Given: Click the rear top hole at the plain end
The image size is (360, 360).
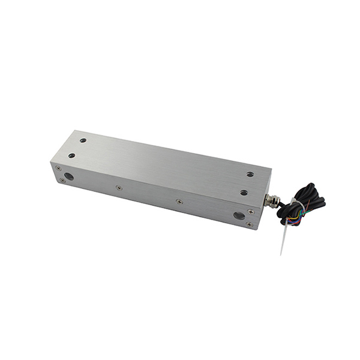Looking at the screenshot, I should (83, 140).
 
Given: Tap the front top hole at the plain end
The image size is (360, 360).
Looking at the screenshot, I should (71, 155).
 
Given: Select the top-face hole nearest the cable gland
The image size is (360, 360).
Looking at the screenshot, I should (244, 193).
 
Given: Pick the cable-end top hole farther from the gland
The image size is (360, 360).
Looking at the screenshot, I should (250, 175).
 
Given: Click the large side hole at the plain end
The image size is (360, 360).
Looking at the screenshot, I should (69, 177).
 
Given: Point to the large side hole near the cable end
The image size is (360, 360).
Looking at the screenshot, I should (239, 215).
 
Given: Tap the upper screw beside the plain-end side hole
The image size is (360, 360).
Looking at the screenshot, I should (58, 169).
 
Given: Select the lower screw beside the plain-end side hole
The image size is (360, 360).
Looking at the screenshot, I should (62, 180).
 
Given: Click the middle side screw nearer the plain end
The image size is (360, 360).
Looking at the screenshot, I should (119, 188).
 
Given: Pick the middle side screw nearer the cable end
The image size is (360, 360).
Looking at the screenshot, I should (179, 202).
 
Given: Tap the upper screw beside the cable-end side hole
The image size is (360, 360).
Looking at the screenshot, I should (251, 211).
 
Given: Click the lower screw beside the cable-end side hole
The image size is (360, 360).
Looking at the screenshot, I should (249, 224).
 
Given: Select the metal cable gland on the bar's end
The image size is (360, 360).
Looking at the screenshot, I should (273, 201).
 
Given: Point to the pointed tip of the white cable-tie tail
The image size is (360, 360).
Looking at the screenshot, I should (281, 253).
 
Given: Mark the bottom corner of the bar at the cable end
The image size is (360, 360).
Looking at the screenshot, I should (259, 229).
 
